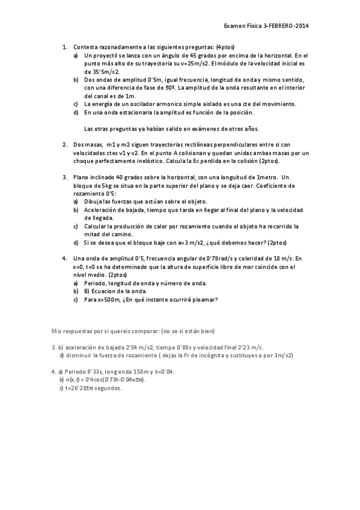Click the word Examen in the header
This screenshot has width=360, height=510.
234,26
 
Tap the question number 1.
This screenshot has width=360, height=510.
64,47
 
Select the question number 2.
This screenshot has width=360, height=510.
64,144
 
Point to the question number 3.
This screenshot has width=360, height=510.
64,177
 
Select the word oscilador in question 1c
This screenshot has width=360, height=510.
140,104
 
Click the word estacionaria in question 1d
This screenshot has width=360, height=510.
133,112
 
